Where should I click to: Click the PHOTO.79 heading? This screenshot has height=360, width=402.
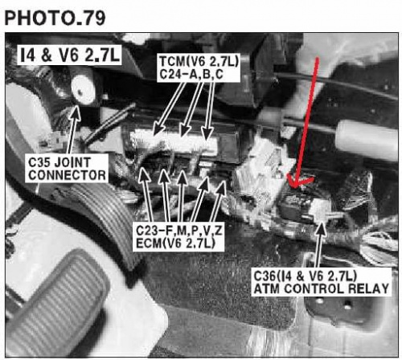[55, 18]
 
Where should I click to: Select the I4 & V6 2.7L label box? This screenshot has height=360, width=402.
[69, 55]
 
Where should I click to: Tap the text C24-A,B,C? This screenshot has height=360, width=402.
[191, 74]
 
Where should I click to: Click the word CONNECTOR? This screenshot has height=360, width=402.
[67, 175]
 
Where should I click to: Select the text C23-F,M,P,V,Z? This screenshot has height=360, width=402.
[179, 231]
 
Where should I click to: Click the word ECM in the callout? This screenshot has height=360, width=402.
[149, 243]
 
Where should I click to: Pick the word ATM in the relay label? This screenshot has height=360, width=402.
[268, 288]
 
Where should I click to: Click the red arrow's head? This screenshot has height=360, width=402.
[297, 181]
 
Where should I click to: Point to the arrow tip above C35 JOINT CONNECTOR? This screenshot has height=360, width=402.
[76, 106]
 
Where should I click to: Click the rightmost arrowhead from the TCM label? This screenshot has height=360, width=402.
[207, 139]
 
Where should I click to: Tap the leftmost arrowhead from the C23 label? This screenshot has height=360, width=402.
[144, 168]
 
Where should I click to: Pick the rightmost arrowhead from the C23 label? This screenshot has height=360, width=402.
[223, 182]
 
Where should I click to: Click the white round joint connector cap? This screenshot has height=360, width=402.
[83, 89]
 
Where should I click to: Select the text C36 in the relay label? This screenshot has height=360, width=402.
[265, 276]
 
